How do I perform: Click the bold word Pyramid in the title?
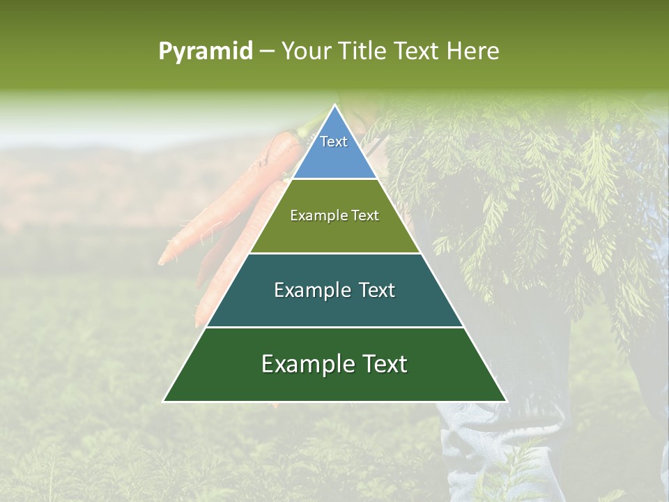[206, 51]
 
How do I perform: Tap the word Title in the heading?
[362, 51]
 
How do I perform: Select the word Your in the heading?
[306, 51]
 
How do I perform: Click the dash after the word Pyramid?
[266, 52]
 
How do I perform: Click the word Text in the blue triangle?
[334, 142]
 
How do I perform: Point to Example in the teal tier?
[311, 290]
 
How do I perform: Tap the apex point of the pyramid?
[334, 105]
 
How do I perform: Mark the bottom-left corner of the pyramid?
[164, 401]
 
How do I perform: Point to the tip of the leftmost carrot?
[161, 264]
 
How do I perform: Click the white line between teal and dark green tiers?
[334, 327]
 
